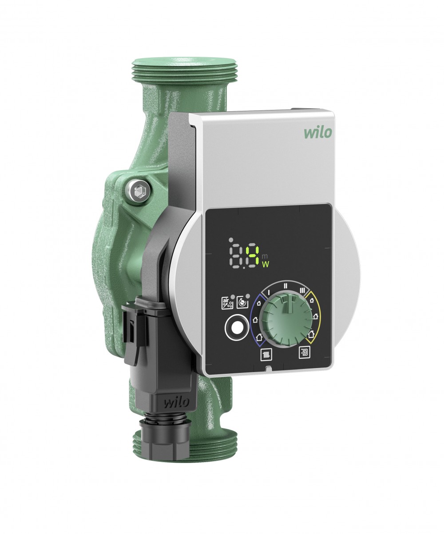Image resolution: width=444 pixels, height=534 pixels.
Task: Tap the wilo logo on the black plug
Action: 176,403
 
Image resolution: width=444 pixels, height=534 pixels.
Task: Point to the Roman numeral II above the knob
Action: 286,285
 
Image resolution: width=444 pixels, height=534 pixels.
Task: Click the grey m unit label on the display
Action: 265,256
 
